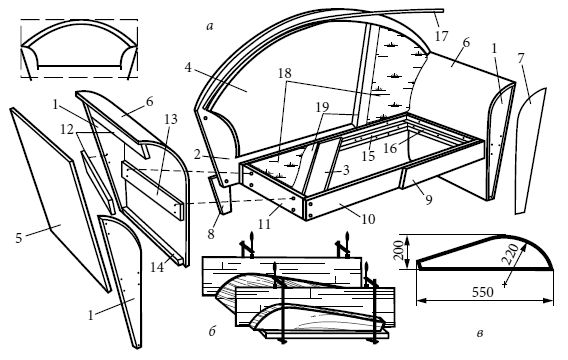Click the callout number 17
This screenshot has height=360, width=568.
tap(441, 36)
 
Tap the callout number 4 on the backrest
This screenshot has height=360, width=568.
tap(188, 67)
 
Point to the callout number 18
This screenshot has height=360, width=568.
tap(285, 74)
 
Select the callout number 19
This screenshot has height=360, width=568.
tap(322, 107)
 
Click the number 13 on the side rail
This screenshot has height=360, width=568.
tap(171, 119)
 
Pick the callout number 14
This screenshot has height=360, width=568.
tap(157, 267)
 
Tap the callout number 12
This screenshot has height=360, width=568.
tap(67, 129)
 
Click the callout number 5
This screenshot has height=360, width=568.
tap(19, 238)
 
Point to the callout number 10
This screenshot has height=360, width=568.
tap(368, 219)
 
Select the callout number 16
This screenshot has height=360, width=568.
tap(390, 148)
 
